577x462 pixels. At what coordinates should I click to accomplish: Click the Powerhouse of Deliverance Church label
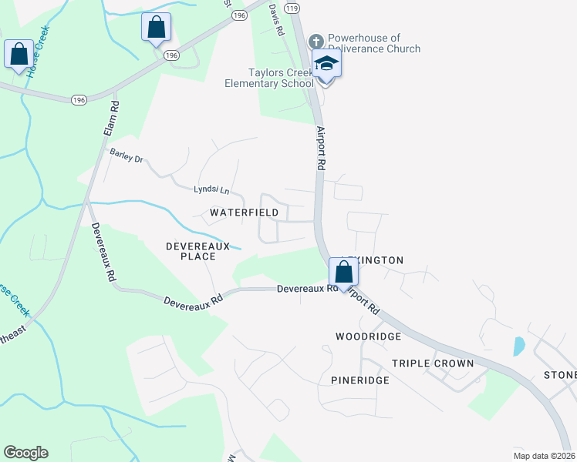pos(374,43)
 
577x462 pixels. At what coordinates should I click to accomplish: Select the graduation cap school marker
pos(326,65)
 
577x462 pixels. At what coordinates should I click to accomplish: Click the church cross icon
pos(315,41)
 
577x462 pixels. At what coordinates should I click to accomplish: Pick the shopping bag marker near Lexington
pos(343,273)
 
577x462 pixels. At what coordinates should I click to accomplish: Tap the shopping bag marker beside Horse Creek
pos(19,55)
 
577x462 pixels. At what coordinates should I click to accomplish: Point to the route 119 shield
pos(292,8)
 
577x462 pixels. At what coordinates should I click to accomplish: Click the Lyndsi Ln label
pos(211,189)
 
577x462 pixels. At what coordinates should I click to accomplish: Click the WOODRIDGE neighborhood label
pos(368,336)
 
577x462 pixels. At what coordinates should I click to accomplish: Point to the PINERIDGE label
pos(359,380)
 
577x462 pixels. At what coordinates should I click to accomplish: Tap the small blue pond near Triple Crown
pos(519,346)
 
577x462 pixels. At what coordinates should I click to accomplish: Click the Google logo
pos(25,453)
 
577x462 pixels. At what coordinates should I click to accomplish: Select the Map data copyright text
pos(544,456)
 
